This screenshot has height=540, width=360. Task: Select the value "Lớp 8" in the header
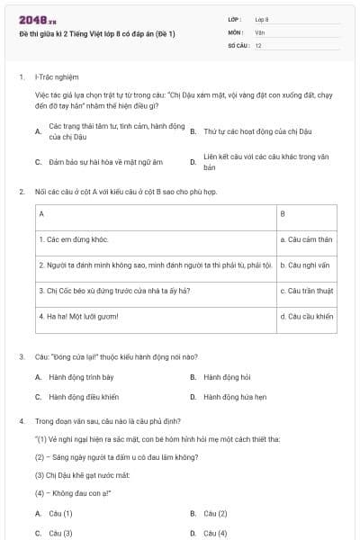pos(262,19)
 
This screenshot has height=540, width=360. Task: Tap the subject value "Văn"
pos(260,32)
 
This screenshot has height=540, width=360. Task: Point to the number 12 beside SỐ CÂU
pos(258,45)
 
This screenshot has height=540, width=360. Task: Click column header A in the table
pos(41,214)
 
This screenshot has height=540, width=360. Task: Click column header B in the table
pos(283,214)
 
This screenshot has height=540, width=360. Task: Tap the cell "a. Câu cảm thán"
pos(306,239)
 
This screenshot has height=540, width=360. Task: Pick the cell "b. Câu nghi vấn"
pos(306,265)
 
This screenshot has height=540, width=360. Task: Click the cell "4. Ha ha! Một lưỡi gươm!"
pos(78,316)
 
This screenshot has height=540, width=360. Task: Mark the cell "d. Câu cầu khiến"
pos(307,316)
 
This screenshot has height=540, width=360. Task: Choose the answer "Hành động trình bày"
pos(81,376)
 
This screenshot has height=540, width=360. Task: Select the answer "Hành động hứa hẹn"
pos(235,396)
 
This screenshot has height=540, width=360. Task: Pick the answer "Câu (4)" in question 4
pos(215,533)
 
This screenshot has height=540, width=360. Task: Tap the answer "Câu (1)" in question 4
pos(60,513)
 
